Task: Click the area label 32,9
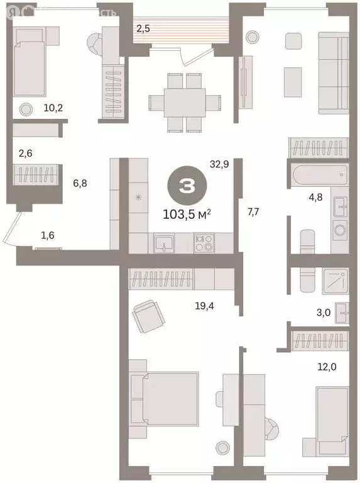(219, 165)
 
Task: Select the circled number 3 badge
(186, 186)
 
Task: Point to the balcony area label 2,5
(144, 28)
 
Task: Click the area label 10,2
(54, 108)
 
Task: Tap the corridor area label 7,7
(253, 211)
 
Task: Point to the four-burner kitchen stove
(204, 243)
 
